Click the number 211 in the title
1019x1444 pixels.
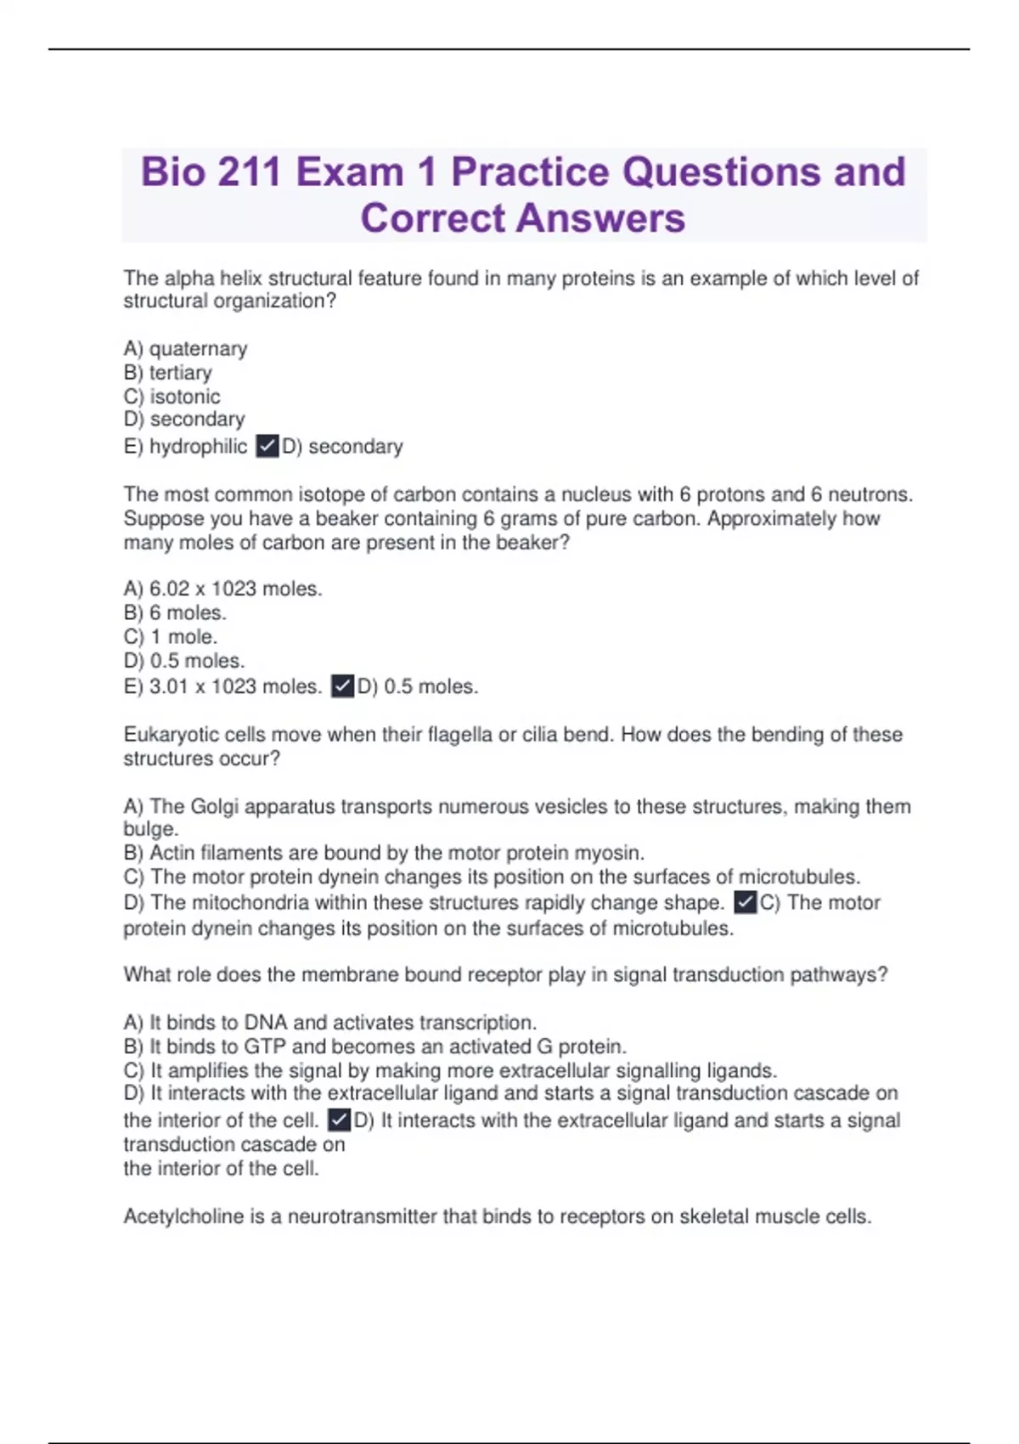click(249, 172)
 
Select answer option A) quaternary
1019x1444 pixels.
click(185, 349)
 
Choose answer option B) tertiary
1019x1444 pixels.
click(167, 373)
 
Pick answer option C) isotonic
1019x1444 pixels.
click(172, 397)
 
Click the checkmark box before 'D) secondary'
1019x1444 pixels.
click(267, 446)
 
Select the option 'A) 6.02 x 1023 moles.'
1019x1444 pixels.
click(222, 589)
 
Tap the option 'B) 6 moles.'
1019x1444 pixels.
click(175, 612)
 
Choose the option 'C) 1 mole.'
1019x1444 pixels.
click(171, 637)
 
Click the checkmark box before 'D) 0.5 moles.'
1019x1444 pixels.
click(342, 686)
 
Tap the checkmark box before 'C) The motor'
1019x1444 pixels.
click(745, 902)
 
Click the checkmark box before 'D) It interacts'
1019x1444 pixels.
click(339, 1120)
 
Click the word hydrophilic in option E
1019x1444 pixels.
click(198, 447)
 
